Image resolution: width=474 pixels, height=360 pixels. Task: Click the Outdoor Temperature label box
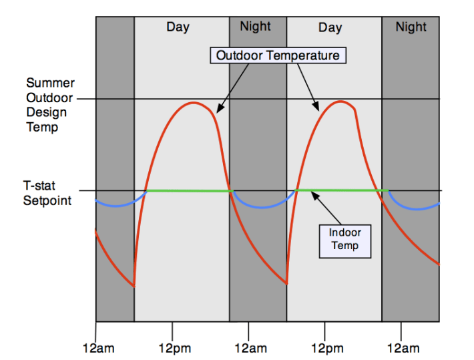(278, 55)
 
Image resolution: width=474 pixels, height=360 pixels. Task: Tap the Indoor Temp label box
(344, 239)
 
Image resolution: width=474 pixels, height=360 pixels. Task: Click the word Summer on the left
(50, 83)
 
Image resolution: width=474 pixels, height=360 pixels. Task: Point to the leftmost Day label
(178, 27)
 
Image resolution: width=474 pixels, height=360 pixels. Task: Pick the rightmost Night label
(411, 27)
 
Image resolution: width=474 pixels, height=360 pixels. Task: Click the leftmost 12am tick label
(97, 348)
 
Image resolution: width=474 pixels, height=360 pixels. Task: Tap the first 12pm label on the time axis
(173, 348)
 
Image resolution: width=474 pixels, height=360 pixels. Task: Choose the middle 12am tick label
(250, 348)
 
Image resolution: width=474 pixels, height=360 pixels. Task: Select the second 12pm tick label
(326, 348)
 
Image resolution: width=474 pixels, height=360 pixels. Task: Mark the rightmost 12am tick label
(403, 348)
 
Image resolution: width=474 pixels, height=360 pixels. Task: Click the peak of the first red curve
(194, 103)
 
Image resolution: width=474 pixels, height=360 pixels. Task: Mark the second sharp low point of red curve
(287, 284)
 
